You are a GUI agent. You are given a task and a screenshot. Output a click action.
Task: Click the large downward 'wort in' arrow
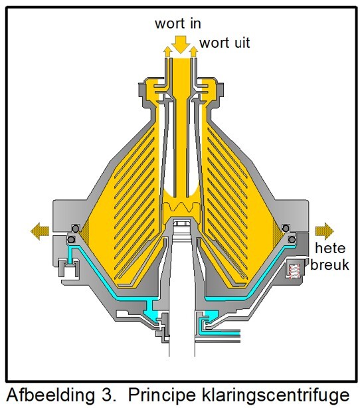181,45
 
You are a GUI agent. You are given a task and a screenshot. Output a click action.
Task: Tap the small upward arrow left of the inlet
167,52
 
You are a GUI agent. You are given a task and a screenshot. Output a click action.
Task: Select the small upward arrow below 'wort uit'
193,52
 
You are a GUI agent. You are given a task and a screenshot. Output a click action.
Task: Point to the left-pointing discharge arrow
40,231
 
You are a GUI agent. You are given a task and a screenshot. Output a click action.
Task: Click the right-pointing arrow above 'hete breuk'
324,231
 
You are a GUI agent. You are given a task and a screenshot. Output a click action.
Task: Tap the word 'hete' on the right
330,248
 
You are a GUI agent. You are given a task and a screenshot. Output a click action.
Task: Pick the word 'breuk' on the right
330,265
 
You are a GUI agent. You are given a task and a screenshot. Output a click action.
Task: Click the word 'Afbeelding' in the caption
50,395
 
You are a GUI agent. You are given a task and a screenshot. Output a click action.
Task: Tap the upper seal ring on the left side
76,228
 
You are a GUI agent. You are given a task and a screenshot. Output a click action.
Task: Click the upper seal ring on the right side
286,228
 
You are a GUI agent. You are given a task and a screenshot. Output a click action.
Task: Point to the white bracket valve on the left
68,268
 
